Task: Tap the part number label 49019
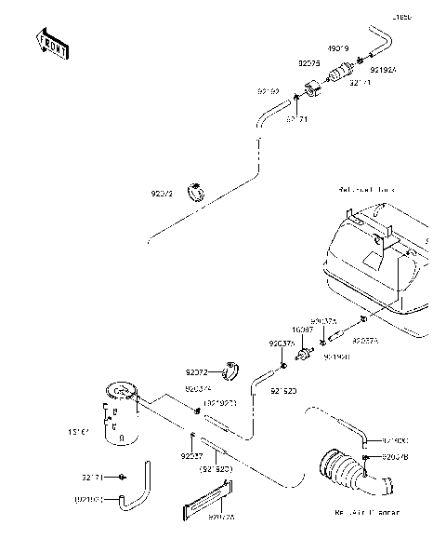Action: coord(336,47)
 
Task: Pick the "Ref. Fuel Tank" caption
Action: coord(366,190)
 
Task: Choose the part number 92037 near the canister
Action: coord(191,456)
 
